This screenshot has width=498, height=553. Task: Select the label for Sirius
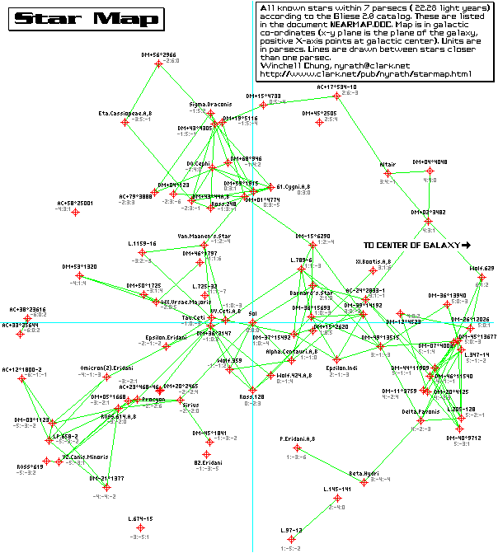[x=190, y=405]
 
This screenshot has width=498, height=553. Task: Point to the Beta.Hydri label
[x=363, y=473]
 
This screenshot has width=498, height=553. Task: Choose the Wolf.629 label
[x=481, y=268]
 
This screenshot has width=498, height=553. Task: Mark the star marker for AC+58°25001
[x=75, y=212]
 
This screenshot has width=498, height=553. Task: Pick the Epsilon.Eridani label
[x=166, y=336]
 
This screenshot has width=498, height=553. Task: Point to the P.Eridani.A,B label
[x=297, y=438]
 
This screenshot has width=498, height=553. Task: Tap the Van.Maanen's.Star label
[x=203, y=236]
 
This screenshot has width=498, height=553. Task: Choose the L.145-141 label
[x=337, y=489]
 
